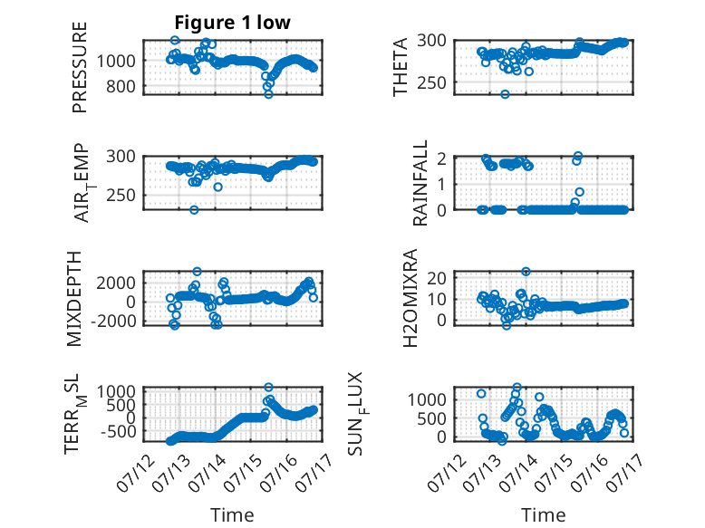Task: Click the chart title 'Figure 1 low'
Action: pyautogui.click(x=233, y=23)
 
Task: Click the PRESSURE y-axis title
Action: pyautogui.click(x=79, y=67)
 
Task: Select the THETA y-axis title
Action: pyautogui.click(x=400, y=67)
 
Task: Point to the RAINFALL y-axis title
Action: pyautogui.click(x=420, y=183)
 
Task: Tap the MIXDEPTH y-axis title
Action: pyautogui.click(x=74, y=299)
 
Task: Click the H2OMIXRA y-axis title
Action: pyautogui.click(x=410, y=298)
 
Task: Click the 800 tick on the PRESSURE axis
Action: pyautogui.click(x=121, y=86)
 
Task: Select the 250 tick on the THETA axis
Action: pyautogui.click(x=431, y=82)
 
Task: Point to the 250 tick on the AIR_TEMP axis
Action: pyautogui.click(x=121, y=196)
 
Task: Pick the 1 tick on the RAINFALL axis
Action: pyautogui.click(x=442, y=184)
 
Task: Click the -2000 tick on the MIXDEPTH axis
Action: pyautogui.click(x=113, y=322)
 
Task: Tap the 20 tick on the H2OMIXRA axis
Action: pyautogui.click(x=437, y=278)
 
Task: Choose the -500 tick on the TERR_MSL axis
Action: pyautogui.click(x=118, y=431)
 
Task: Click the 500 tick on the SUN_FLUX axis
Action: pyautogui.click(x=431, y=418)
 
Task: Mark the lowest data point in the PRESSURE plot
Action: pyautogui.click(x=268, y=94)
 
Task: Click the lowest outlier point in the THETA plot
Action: pyautogui.click(x=505, y=94)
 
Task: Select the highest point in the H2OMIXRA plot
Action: pyautogui.click(x=526, y=272)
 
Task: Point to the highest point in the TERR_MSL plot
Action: pyautogui.click(x=268, y=387)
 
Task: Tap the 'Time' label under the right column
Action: pyautogui.click(x=543, y=515)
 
